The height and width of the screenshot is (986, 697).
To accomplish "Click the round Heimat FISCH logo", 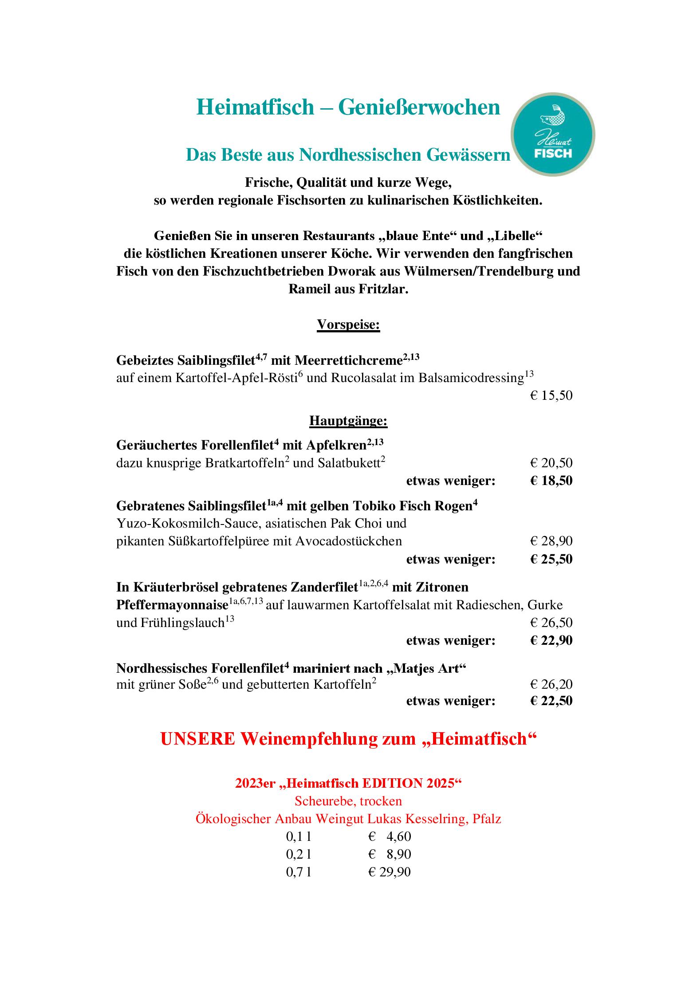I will tap(552, 134).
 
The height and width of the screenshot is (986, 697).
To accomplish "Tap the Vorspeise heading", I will tap(348, 325).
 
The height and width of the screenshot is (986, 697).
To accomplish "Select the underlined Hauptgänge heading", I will tap(348, 420).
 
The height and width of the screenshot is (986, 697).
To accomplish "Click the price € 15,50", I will tap(551, 395).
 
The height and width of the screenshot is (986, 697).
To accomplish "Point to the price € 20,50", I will tap(551, 463).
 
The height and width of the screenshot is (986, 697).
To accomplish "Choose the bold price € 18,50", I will tap(551, 481).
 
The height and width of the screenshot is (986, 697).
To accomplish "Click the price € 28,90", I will tap(551, 541).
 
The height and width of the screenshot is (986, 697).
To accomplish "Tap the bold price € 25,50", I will tap(551, 559).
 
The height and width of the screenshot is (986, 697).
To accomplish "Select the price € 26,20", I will tap(551, 684).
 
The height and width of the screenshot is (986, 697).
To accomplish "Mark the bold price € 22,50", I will tap(551, 701).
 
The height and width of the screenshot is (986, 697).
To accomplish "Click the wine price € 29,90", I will tap(389, 872).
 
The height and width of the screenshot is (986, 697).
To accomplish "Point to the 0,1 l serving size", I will tap(299, 836).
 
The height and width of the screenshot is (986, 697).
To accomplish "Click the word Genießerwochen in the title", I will tap(419, 107).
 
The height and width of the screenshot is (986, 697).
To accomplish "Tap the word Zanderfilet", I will tap(324, 588).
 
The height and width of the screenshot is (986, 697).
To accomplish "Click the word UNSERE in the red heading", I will tap(197, 739).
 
